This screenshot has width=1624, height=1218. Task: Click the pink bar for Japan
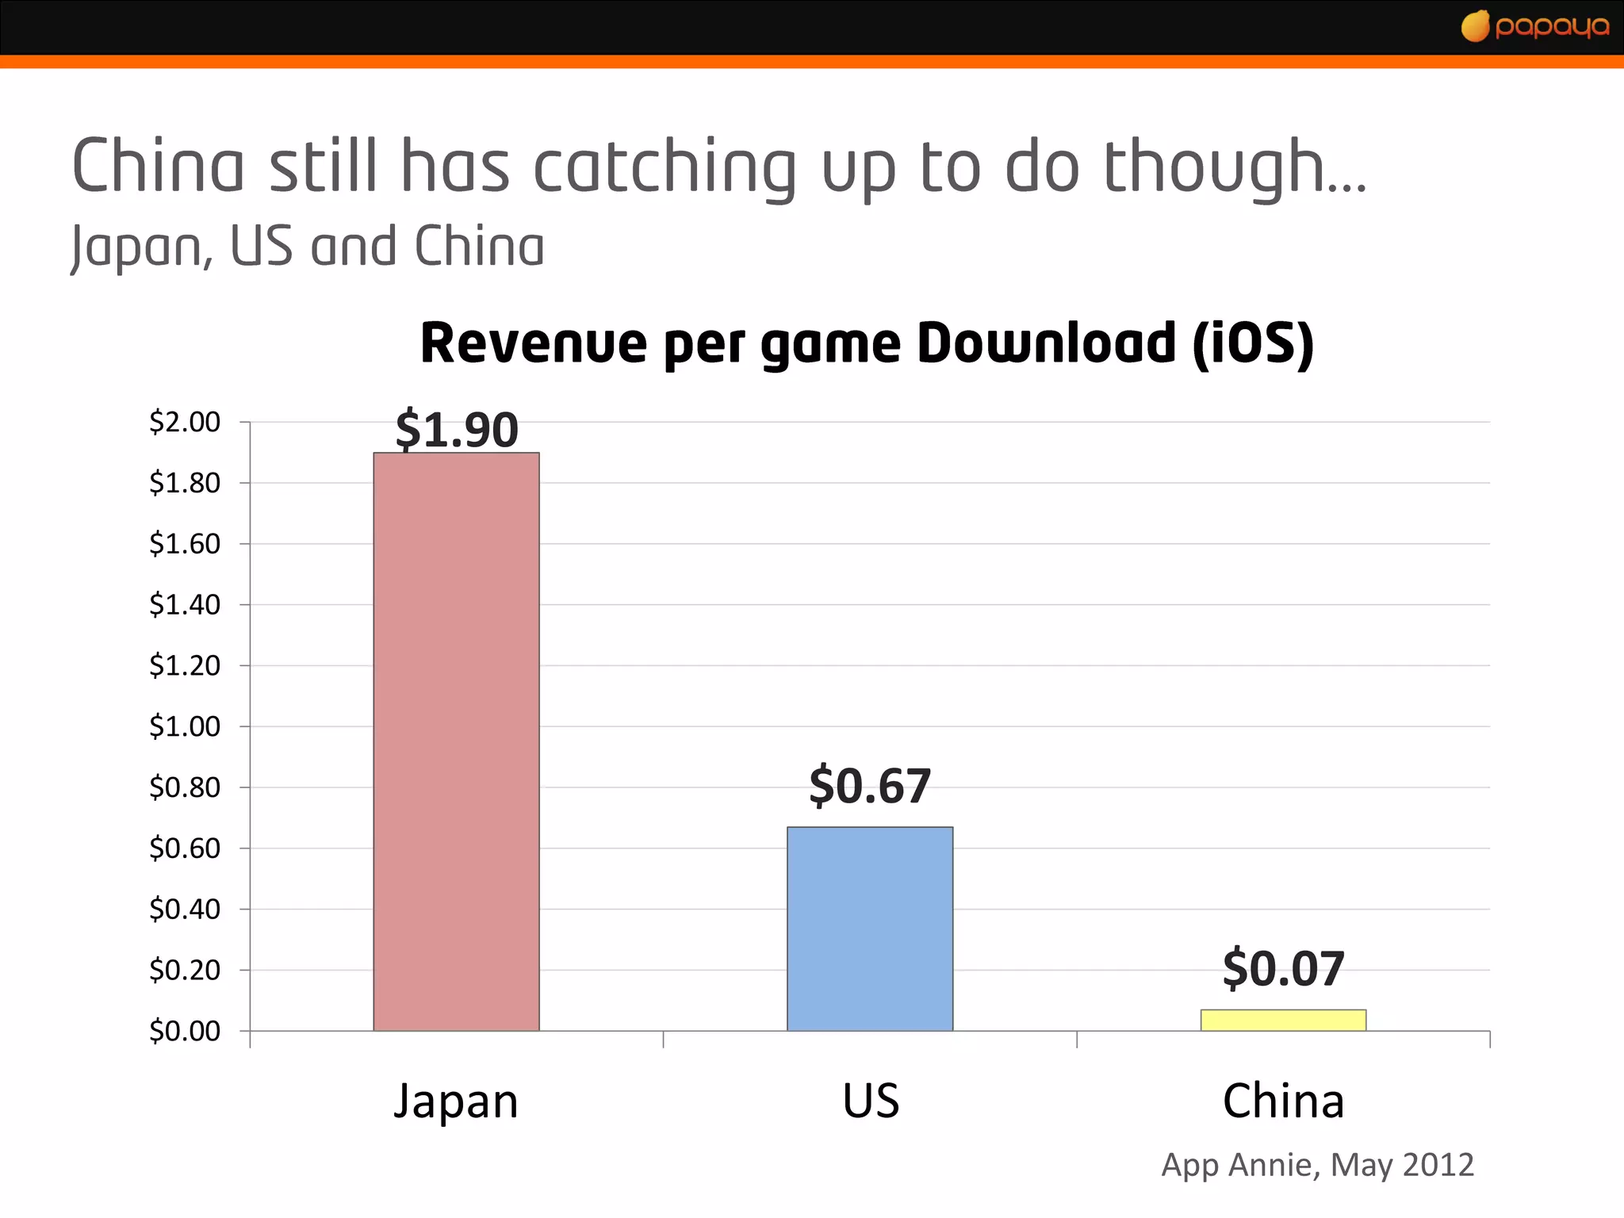pos(456,741)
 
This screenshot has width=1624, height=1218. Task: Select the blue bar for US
pos(870,929)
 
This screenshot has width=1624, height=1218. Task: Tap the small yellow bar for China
pos(1283,1020)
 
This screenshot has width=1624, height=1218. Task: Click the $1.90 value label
pos(457,429)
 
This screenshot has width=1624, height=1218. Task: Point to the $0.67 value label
pos(870,786)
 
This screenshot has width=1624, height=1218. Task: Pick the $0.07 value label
pos(1283,968)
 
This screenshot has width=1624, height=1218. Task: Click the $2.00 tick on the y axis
pos(185,422)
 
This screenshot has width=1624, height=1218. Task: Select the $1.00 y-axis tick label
pos(185,726)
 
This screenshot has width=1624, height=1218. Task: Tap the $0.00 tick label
pos(185,1031)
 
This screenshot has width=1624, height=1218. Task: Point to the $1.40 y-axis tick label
pos(185,605)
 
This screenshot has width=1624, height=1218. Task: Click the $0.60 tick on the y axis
pos(185,848)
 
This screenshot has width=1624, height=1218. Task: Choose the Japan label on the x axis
pos(456,1101)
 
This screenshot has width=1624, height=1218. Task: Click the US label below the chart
pos(871,1101)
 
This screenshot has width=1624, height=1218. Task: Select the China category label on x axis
pos(1283,1101)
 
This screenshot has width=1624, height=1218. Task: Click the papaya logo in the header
pos(1535,27)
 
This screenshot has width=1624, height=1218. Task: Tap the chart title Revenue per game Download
pos(797,343)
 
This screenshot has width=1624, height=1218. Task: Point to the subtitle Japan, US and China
pos(308,247)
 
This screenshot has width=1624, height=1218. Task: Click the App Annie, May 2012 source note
pos(1317,1165)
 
